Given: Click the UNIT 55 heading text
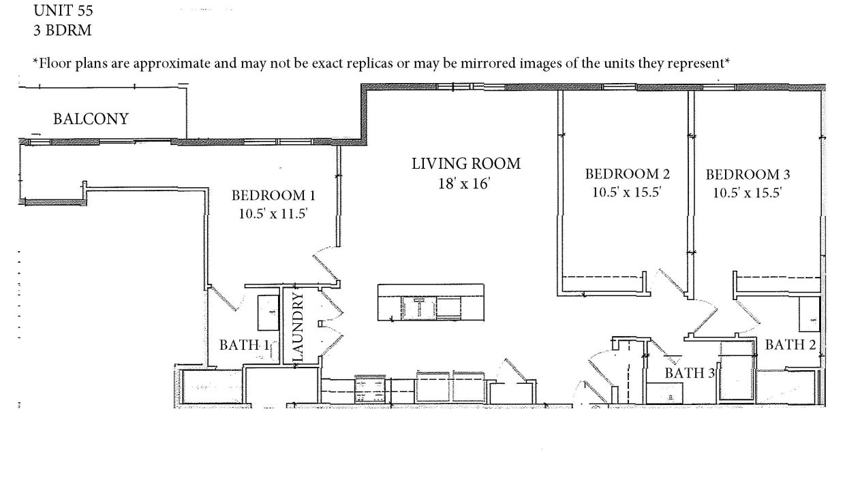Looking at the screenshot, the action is pos(63,10).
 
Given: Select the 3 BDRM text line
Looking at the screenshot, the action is pos(63,31).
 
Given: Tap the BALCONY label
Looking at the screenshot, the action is pos(91,119).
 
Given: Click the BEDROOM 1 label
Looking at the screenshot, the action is pos(273,195).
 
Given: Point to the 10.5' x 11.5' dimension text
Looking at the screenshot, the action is pos(273,214).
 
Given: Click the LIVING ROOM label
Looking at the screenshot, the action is pos(466,164).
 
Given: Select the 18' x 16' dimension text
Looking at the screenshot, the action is pos(464,184).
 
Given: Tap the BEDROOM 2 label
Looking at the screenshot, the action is pos(628,174).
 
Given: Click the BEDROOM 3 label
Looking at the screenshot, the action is pos(748,175).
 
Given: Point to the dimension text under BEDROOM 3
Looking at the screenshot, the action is pos(748,193).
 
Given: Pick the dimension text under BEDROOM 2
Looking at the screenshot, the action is pos(627,193).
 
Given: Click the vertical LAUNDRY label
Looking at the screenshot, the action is pos(298,327).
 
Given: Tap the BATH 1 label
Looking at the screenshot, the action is pos(244,345).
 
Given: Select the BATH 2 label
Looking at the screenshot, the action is pos(790,344).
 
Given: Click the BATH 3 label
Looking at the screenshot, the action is pos(690,373).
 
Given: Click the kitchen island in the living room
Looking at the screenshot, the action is pos(431,302).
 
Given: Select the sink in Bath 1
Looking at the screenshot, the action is pos(268,312).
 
